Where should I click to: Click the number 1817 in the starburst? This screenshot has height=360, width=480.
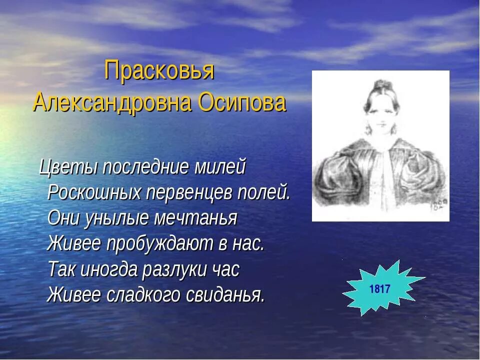pos(379,289)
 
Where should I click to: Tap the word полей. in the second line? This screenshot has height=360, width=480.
pos(264,192)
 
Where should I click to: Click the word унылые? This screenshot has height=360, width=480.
pos(121,218)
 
